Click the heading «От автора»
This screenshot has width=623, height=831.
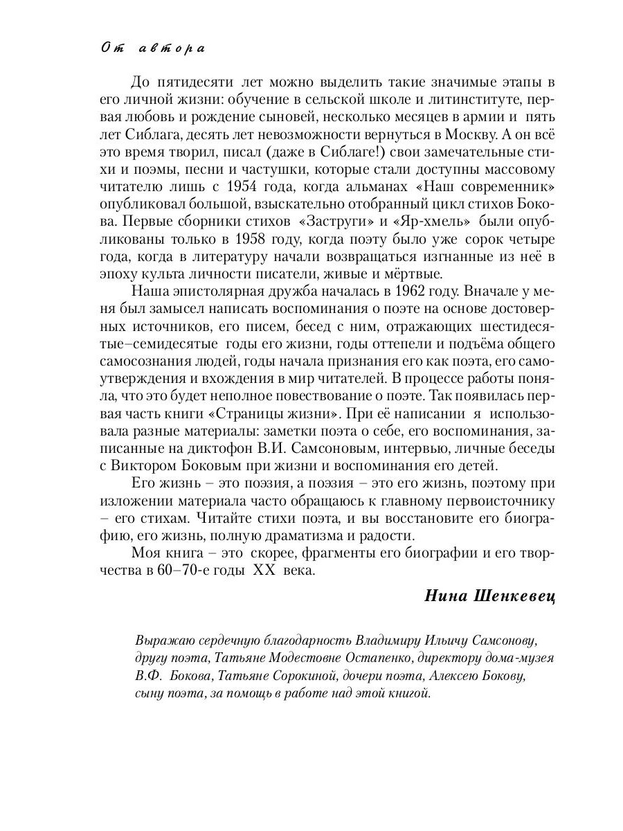tap(152, 48)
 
